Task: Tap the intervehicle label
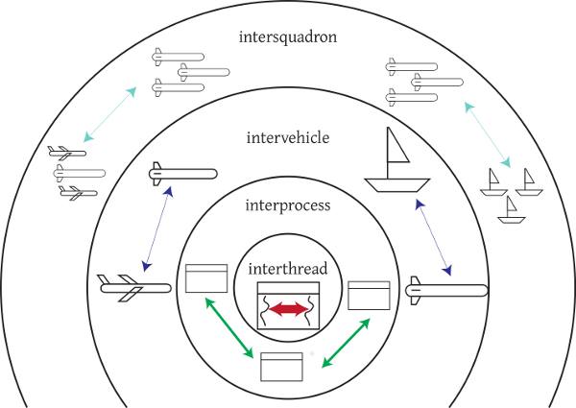(x=287, y=137)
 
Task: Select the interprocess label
(x=287, y=204)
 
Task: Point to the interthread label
(x=287, y=270)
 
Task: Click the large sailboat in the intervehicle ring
(x=396, y=163)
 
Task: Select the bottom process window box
(x=287, y=368)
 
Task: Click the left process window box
(x=204, y=278)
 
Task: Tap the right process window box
(x=368, y=295)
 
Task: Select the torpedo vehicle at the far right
(x=446, y=289)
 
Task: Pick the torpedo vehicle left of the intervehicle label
(x=182, y=174)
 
